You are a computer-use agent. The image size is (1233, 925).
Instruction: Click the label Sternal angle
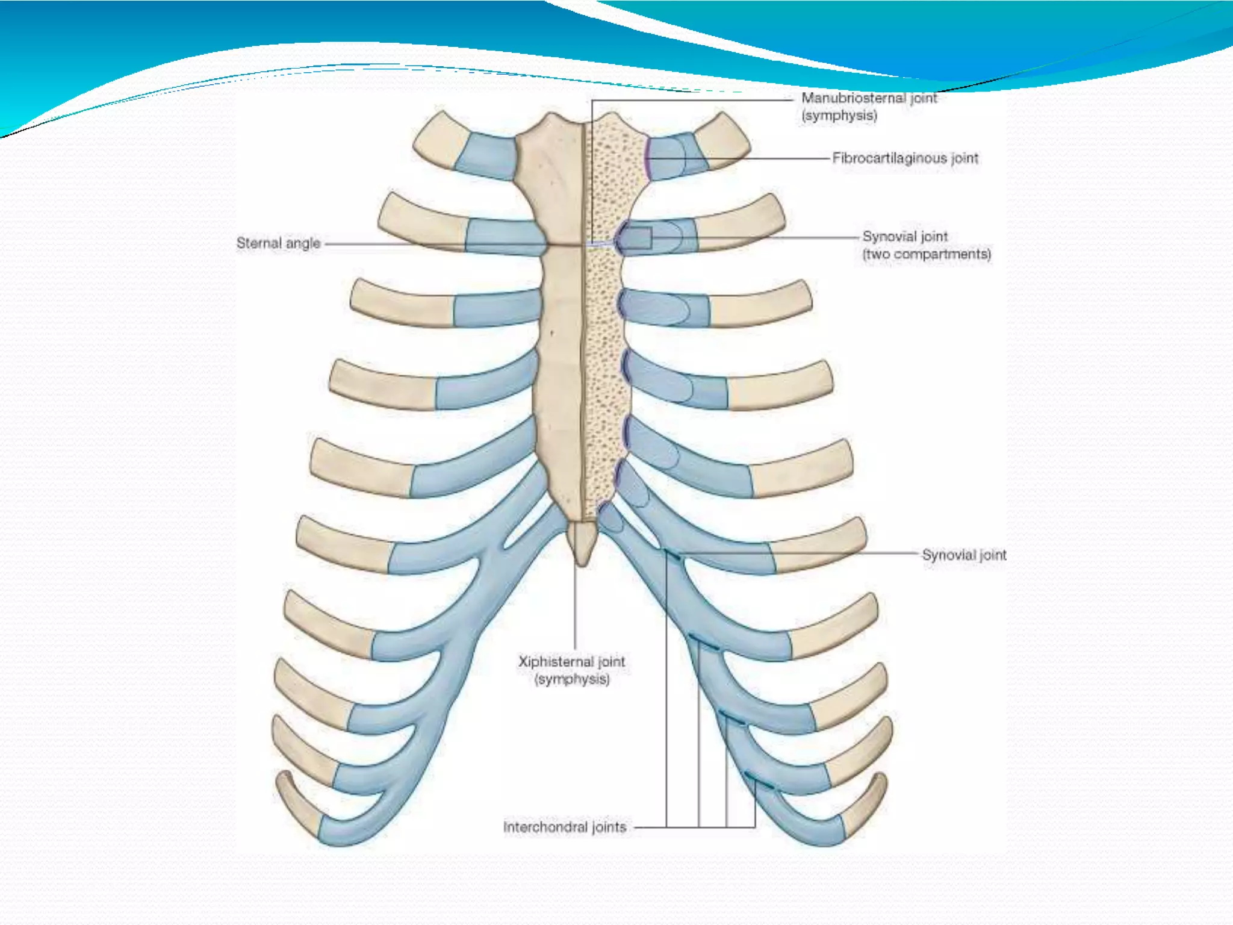[x=278, y=243]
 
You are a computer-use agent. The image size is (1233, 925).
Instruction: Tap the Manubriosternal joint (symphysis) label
[x=869, y=107]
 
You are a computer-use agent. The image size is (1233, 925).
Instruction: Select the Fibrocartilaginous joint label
[x=905, y=158]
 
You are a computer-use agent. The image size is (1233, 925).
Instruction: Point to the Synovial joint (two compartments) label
[x=926, y=245]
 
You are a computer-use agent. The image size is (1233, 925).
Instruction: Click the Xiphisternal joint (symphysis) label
[x=572, y=670]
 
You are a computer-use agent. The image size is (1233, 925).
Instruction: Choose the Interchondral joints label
[x=565, y=827]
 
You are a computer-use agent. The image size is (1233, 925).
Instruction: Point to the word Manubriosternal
[x=853, y=98]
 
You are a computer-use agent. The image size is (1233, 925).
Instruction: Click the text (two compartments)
[x=927, y=254]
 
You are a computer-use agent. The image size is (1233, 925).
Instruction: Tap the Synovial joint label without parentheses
[x=964, y=555]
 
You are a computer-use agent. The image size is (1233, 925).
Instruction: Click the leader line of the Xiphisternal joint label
[x=575, y=608]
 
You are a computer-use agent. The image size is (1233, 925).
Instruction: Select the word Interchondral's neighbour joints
[x=609, y=827]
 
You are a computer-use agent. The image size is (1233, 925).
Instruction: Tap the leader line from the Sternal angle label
[x=421, y=244]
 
